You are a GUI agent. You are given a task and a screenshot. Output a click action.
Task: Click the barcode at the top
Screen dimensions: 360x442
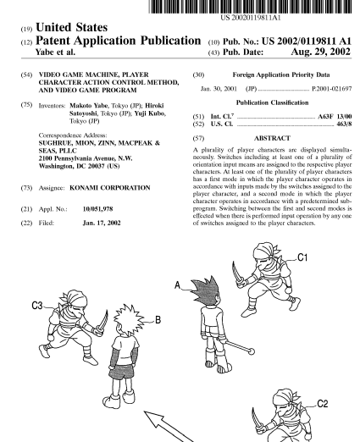(x=250, y=7)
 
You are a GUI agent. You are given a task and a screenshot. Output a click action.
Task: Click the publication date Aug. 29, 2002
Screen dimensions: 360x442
(x=320, y=52)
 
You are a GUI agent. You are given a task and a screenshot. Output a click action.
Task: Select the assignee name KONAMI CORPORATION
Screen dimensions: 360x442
(x=110, y=188)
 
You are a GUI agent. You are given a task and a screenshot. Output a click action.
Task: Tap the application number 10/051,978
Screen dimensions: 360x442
(x=97, y=209)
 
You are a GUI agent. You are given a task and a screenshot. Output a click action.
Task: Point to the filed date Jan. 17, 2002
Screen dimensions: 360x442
(x=102, y=223)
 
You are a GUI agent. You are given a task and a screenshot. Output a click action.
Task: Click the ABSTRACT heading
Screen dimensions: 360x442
(x=272, y=138)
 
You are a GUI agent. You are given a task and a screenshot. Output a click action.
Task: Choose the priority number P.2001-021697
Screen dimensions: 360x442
(x=332, y=89)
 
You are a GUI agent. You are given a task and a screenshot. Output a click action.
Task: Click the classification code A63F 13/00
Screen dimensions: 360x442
(x=335, y=116)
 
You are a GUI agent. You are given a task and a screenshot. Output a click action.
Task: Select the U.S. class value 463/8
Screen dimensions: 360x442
(x=344, y=124)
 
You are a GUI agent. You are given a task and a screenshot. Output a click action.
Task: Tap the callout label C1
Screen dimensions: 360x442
(x=302, y=257)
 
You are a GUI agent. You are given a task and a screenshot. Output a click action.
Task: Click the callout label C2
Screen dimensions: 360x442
(x=323, y=404)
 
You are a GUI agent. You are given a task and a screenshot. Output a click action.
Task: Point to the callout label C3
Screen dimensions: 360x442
(x=37, y=306)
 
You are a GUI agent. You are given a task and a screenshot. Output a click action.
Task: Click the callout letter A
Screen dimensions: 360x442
(x=177, y=285)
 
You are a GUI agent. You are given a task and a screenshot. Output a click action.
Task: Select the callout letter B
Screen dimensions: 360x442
(x=158, y=320)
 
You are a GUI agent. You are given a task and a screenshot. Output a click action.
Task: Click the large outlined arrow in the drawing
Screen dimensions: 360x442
(x=169, y=427)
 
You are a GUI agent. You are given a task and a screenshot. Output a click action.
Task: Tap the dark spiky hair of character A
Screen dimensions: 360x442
(x=205, y=290)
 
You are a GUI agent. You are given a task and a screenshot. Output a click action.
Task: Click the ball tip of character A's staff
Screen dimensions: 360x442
(x=251, y=351)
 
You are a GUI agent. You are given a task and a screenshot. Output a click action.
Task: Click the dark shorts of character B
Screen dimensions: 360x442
(x=122, y=371)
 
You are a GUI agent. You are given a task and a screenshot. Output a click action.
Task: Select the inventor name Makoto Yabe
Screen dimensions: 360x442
(x=88, y=106)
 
